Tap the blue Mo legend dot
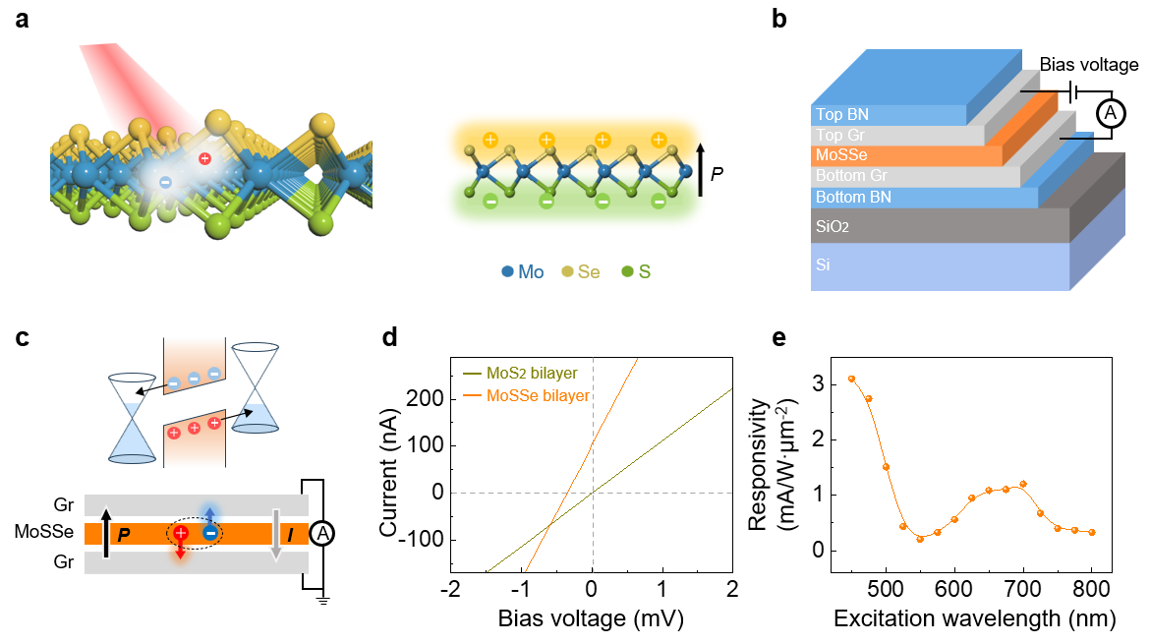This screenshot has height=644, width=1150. tap(506, 271)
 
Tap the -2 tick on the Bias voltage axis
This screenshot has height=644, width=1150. tap(450, 588)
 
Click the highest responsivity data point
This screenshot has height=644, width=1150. tap(851, 379)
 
